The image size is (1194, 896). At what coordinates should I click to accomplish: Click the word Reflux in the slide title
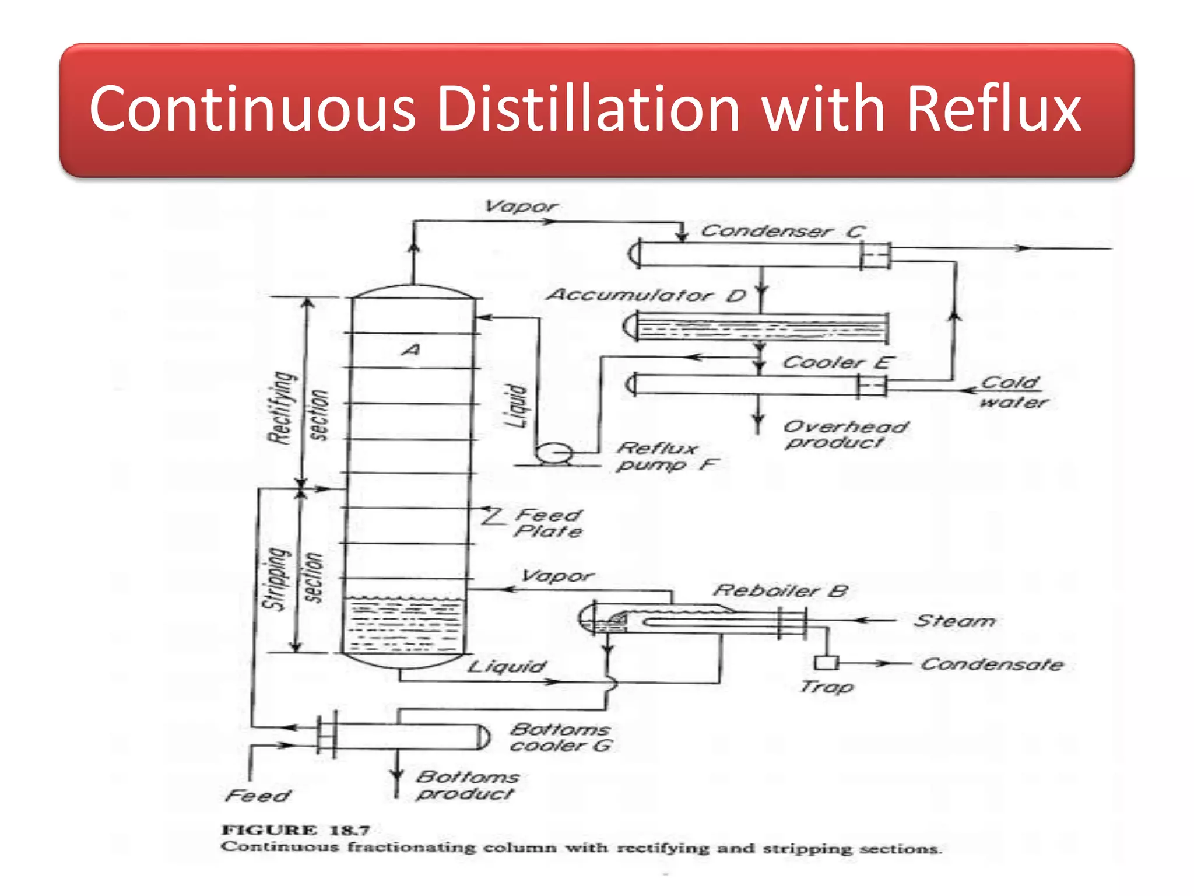[993, 109]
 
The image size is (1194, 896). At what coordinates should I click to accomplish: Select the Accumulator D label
[646, 295]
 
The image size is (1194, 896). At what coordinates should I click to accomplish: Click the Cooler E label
[837, 362]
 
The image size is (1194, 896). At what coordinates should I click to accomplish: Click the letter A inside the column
[412, 350]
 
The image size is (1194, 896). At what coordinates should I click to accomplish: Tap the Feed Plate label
[548, 523]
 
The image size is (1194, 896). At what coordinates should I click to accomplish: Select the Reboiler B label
[780, 590]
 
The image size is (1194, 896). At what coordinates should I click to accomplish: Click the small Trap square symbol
[826, 663]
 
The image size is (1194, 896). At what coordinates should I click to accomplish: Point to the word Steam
[954, 621]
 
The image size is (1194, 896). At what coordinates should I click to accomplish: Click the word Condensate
[992, 664]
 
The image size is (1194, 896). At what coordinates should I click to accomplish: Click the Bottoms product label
[467, 785]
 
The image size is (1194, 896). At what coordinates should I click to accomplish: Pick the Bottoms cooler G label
[560, 737]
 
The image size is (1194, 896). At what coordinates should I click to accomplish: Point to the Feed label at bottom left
[257, 796]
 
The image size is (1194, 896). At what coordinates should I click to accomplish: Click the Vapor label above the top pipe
[521, 206]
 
